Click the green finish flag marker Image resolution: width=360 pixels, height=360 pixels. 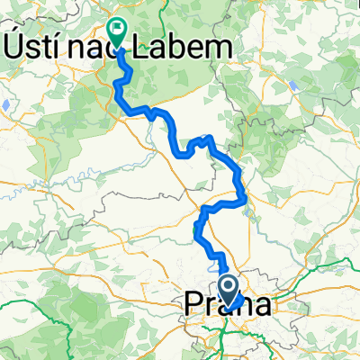(x=117, y=31)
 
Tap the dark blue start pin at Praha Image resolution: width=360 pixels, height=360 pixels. (x=230, y=290)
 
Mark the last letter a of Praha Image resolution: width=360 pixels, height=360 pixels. (x=259, y=307)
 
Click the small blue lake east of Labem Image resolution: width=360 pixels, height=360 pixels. (x=293, y=88)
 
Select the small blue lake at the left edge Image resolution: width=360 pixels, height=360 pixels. (x=5, y=104)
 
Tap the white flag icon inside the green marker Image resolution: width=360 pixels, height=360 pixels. (x=117, y=29)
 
